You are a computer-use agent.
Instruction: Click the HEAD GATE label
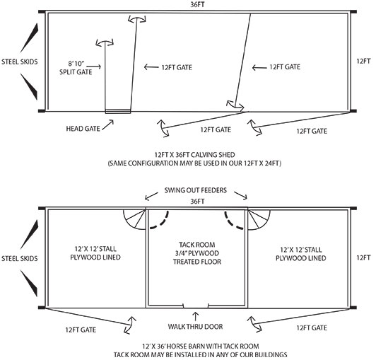83,129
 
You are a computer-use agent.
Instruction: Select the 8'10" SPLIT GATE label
76,68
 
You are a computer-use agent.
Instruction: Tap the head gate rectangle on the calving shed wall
118,111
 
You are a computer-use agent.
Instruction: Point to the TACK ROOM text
197,245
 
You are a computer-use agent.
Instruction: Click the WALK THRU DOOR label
196,327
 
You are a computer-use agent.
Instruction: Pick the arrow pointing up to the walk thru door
196,317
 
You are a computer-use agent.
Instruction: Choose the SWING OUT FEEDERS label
196,190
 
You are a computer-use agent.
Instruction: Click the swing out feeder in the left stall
135,219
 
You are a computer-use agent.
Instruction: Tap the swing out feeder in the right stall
259,219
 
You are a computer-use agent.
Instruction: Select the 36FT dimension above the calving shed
197,4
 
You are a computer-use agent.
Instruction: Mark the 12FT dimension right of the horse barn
363,257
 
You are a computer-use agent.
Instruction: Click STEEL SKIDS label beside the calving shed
20,62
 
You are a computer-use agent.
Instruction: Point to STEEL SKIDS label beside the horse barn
20,258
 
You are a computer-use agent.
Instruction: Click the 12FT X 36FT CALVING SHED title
194,155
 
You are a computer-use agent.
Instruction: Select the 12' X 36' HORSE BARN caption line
201,347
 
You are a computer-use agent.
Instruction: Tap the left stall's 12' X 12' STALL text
95,249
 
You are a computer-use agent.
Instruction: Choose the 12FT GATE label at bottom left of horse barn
81,330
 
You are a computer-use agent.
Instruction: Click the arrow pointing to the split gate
93,66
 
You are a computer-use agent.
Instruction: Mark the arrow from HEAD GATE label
108,124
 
